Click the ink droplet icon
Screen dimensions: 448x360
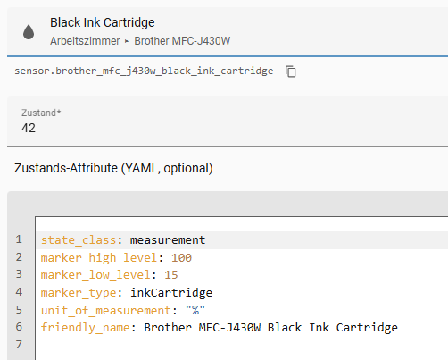[x=29, y=32]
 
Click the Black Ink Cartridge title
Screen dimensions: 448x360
[x=103, y=22]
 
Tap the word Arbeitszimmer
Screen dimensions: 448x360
[x=85, y=41]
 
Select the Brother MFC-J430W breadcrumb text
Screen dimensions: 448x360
[x=182, y=41]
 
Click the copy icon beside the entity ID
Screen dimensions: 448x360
[x=291, y=71]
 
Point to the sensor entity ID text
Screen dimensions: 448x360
[x=144, y=71]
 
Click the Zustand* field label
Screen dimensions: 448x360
[x=41, y=113]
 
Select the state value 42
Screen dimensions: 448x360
[x=29, y=128]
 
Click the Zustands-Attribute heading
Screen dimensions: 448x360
[x=113, y=168]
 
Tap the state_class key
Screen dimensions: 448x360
[x=79, y=240]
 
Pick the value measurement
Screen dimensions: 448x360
[x=168, y=240]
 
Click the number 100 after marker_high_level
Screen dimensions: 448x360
[x=181, y=258]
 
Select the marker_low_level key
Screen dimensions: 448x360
[x=95, y=275]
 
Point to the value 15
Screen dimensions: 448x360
[x=171, y=275]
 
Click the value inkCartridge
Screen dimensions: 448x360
[x=171, y=293]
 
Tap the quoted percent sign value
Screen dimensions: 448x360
[x=195, y=310]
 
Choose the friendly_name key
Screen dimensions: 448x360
[x=86, y=328]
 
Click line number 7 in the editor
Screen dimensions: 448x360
[x=19, y=344]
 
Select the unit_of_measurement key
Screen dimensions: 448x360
[x=106, y=311]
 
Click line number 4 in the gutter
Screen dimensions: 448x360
[x=19, y=292]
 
